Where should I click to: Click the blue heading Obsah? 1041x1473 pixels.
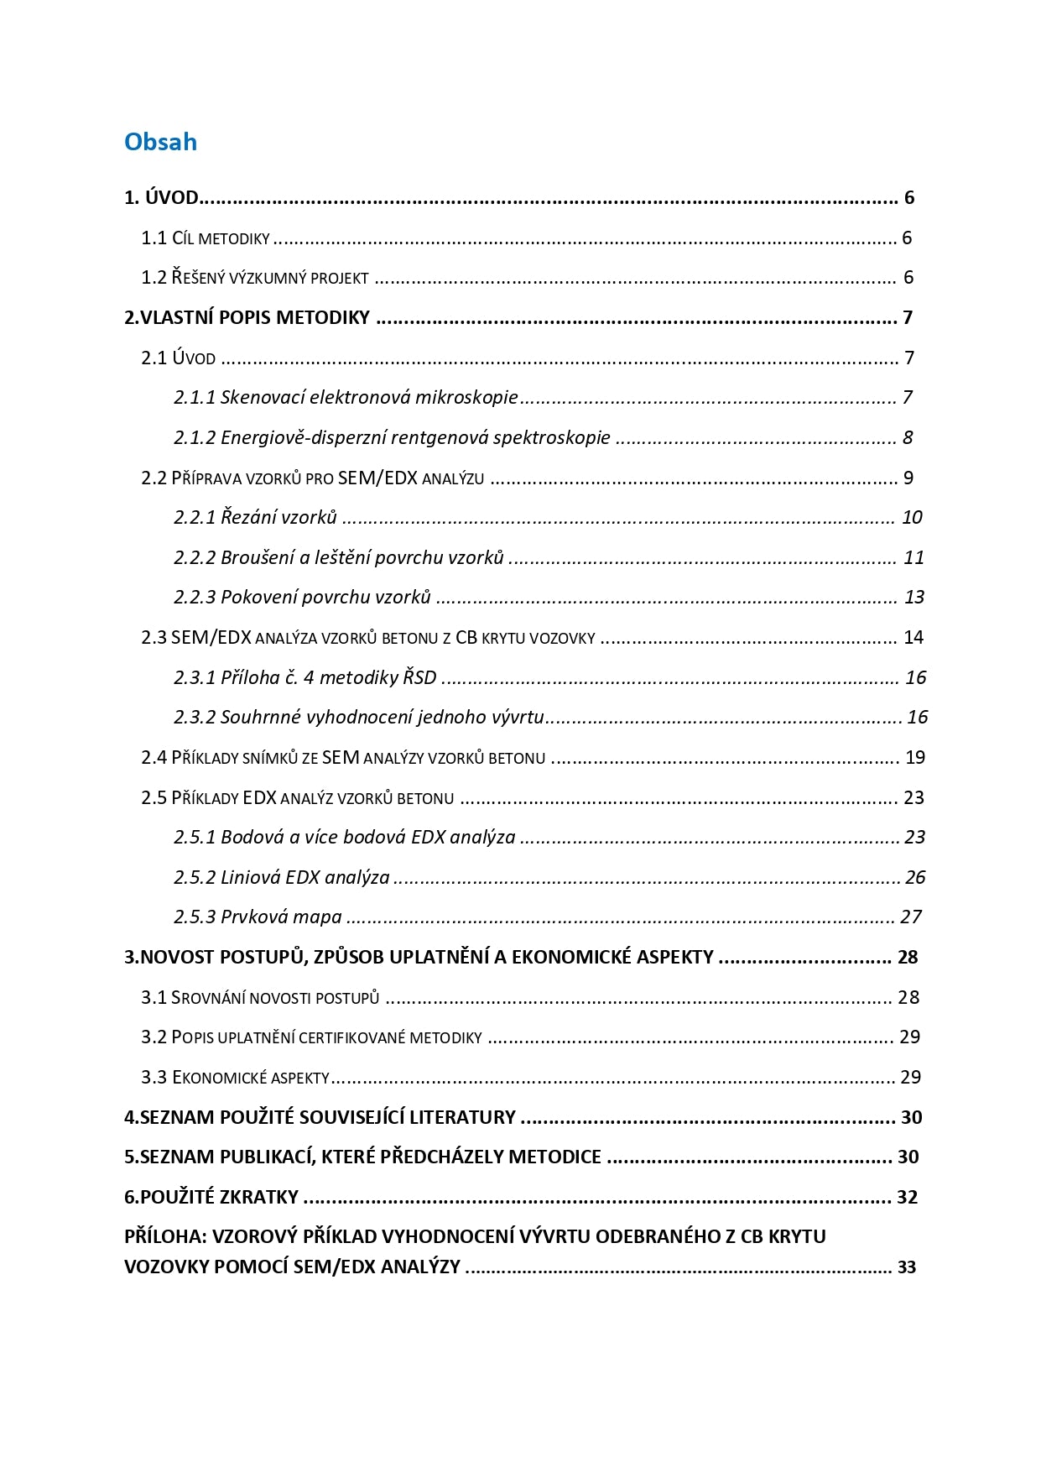pyautogui.click(x=160, y=142)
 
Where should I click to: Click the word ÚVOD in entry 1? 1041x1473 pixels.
pyautogui.click(x=172, y=198)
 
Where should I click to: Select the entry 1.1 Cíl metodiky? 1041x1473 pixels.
pyautogui.click(x=206, y=238)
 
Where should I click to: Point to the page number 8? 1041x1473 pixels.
pyautogui.click(x=908, y=437)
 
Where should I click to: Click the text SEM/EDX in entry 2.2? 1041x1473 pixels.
pyautogui.click(x=377, y=478)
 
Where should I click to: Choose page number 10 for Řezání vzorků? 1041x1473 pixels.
pyautogui.click(x=912, y=517)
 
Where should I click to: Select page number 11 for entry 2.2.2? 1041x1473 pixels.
pyautogui.click(x=913, y=557)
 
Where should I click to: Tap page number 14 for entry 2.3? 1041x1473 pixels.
pyautogui.click(x=913, y=637)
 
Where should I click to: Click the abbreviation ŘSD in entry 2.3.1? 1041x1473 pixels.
pyautogui.click(x=419, y=677)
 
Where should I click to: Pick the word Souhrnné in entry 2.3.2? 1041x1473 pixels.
pyautogui.click(x=260, y=717)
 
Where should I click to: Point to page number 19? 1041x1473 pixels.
pyautogui.click(x=915, y=757)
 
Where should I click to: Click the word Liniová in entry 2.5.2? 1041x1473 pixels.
pyautogui.click(x=250, y=877)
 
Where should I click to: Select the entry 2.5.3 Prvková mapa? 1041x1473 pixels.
pyautogui.click(x=258, y=917)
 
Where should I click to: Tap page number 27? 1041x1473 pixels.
pyautogui.click(x=911, y=917)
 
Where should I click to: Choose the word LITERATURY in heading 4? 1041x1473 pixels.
pyautogui.click(x=465, y=1117)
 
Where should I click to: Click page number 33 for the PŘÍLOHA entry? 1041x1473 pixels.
pyautogui.click(x=907, y=1267)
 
